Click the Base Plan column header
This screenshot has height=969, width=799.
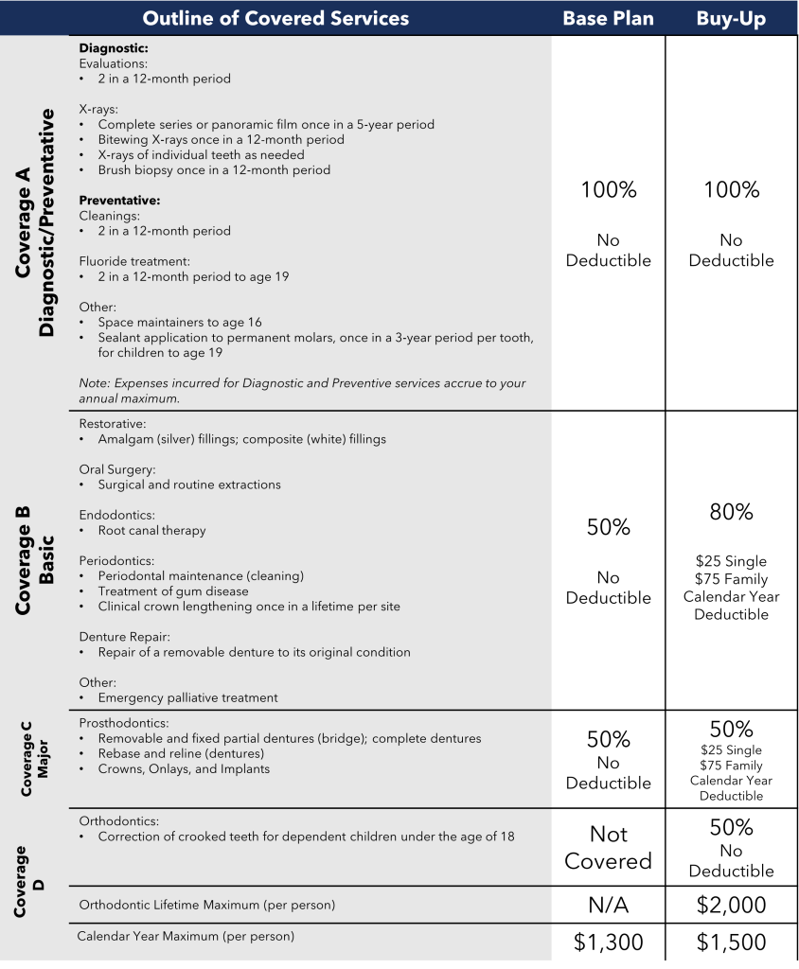point(608,19)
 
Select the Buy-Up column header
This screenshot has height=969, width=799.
point(731,19)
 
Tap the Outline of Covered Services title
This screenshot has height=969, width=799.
point(275,19)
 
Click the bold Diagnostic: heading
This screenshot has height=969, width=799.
point(114,48)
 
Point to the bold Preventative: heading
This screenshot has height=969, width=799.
point(119,201)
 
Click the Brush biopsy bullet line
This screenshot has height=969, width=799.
point(214,170)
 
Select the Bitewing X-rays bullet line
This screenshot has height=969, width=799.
point(221,140)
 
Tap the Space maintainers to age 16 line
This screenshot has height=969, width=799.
point(180,323)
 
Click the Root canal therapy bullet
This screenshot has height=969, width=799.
point(151,531)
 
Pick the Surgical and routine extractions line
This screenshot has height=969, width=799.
point(189,485)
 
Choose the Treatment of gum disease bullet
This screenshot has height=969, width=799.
point(173,591)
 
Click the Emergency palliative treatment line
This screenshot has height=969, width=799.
point(187,698)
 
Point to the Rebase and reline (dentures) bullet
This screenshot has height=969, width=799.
point(181,754)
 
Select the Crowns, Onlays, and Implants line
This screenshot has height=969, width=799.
point(184,769)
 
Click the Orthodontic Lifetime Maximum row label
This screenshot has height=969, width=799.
point(206,906)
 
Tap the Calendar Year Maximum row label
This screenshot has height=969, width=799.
point(186,937)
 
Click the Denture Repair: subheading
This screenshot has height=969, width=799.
point(124,637)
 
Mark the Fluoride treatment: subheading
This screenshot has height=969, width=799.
point(134,261)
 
